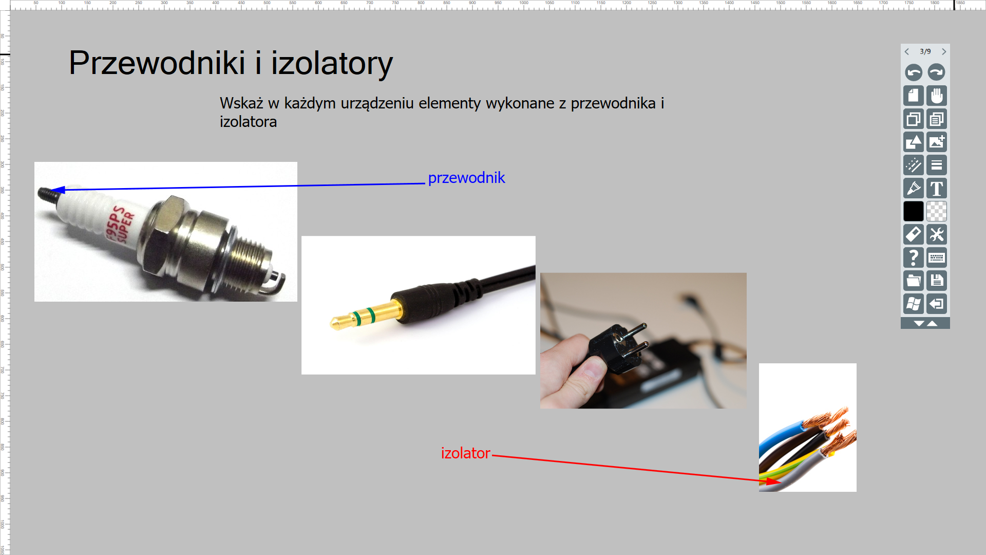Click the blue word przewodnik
pos(466,178)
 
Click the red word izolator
pos(465,453)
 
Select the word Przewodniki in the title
pos(157,63)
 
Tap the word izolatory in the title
pos(332,63)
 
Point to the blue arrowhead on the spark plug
pos(58,190)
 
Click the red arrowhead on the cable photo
pos(773,482)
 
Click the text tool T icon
pos(937,189)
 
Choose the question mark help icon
pos(914,257)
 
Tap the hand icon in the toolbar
pos(937,96)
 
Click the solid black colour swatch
pos(914,211)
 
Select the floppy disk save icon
pos(937,281)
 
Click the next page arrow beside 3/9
pos(944,51)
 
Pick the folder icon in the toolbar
pos(914,281)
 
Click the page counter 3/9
pos(925,51)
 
